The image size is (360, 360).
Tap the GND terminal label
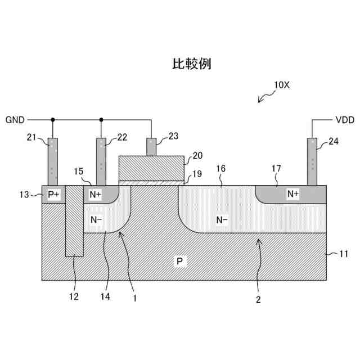[15, 120]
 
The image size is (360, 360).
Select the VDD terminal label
[344, 120]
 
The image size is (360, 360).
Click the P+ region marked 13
[54, 194]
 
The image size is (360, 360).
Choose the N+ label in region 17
[293, 194]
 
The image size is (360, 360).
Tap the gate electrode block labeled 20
[151, 168]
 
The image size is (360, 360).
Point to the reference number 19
[196, 174]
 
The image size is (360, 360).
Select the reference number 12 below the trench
[74, 296]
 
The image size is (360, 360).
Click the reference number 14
[105, 296]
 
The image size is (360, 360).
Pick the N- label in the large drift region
[222, 220]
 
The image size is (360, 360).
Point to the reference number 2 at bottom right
[258, 300]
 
